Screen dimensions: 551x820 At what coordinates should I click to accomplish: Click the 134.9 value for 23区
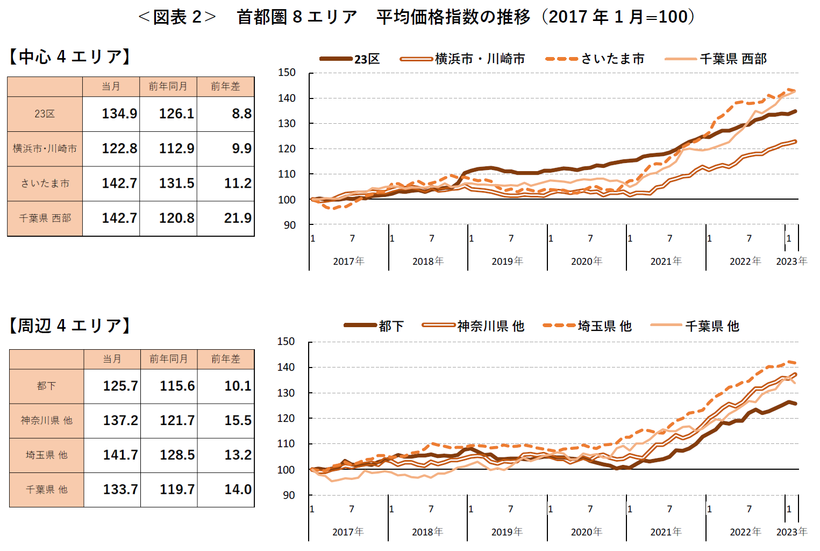click(119, 114)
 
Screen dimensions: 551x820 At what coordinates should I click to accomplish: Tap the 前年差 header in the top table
click(225, 87)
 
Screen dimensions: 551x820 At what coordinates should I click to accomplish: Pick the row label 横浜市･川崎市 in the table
click(45, 149)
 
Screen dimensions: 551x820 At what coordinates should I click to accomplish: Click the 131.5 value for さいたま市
click(176, 183)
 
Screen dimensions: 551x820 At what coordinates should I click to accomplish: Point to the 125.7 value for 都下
click(120, 386)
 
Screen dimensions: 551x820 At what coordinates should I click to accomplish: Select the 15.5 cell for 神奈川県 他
click(238, 420)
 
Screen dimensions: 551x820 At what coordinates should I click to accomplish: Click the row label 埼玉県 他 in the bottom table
click(47, 455)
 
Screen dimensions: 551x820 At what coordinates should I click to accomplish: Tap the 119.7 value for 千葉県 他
click(177, 489)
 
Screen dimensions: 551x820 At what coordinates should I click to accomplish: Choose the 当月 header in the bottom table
click(112, 359)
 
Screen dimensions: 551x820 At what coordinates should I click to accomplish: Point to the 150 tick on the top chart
click(287, 73)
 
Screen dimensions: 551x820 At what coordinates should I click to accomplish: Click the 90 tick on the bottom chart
click(289, 495)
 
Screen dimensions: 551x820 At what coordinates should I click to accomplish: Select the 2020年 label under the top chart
click(586, 262)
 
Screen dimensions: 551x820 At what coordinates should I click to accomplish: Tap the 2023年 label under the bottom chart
click(792, 532)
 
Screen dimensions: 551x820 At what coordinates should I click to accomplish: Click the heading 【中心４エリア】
click(70, 56)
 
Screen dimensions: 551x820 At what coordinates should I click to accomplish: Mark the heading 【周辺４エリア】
click(70, 326)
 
